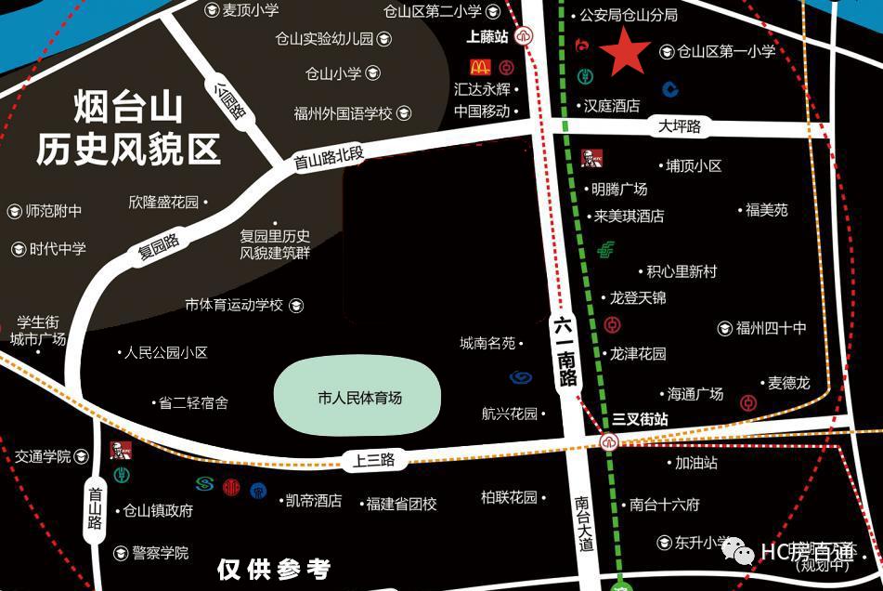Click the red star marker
627,52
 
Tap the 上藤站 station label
487,37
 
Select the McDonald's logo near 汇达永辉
479,67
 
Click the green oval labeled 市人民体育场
358,397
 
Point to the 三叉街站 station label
641,420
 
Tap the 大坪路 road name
680,127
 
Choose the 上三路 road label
374,460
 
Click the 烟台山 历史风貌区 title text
128,128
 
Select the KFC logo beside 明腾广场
587,158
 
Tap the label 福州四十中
771,328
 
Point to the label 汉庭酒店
611,106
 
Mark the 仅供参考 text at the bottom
273,569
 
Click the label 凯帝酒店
313,501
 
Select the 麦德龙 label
788,383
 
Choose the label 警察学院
160,553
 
